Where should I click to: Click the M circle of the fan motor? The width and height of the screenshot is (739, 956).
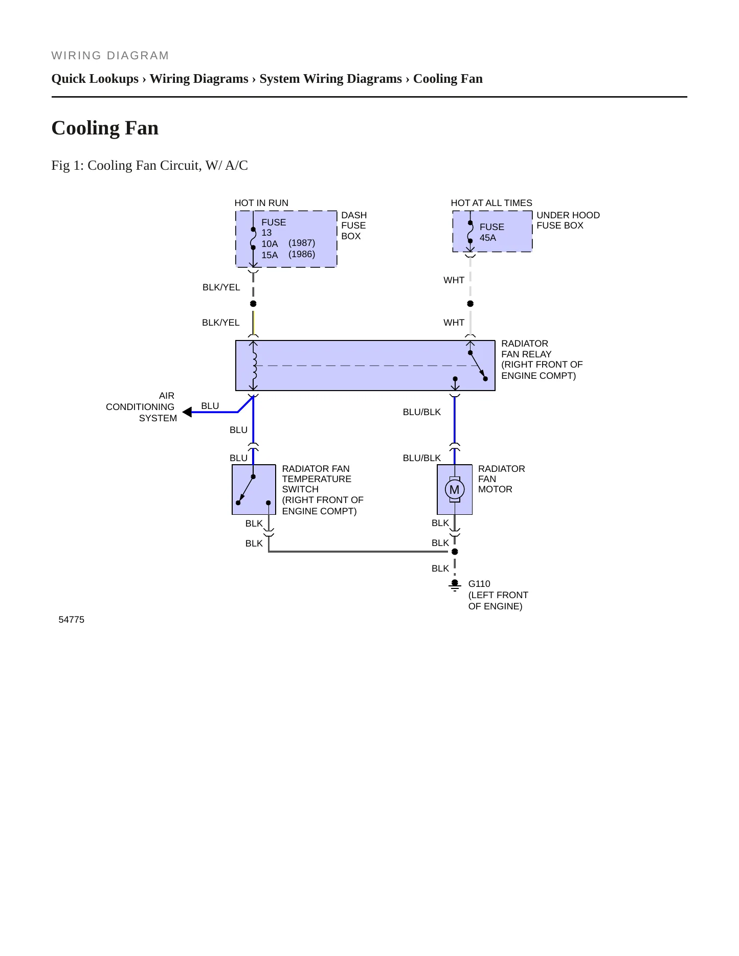coord(454,490)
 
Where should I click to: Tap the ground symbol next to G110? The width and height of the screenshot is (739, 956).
coord(455,585)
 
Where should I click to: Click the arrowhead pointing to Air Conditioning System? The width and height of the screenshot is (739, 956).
coord(187,412)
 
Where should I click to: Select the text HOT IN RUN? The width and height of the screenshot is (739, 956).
coord(261,203)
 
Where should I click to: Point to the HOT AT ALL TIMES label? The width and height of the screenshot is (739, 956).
coord(491,203)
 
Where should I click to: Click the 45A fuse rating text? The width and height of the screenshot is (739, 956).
coord(488,238)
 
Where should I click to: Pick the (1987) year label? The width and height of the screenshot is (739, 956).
coord(302,243)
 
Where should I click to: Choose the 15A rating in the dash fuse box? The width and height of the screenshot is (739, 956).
coord(270,255)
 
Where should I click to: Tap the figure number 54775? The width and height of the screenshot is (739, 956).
coord(72,620)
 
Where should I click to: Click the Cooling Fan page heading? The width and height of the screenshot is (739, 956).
coord(105,128)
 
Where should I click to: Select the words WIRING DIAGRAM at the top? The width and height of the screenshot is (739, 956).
coord(110,56)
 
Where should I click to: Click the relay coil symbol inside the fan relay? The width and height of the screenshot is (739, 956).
coord(254,366)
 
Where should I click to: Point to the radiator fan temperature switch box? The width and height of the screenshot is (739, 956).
coord(254,490)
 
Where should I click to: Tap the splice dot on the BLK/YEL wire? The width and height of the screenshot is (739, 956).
coord(253,304)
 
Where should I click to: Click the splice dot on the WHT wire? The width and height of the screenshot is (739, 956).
coord(471,304)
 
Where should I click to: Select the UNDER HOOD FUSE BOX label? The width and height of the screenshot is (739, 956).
coord(568,220)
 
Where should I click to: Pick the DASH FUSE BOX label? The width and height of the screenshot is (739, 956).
coord(354,225)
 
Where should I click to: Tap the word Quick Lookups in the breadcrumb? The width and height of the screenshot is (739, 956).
coord(95,79)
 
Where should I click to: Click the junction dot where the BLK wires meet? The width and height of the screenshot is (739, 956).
coord(455,552)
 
